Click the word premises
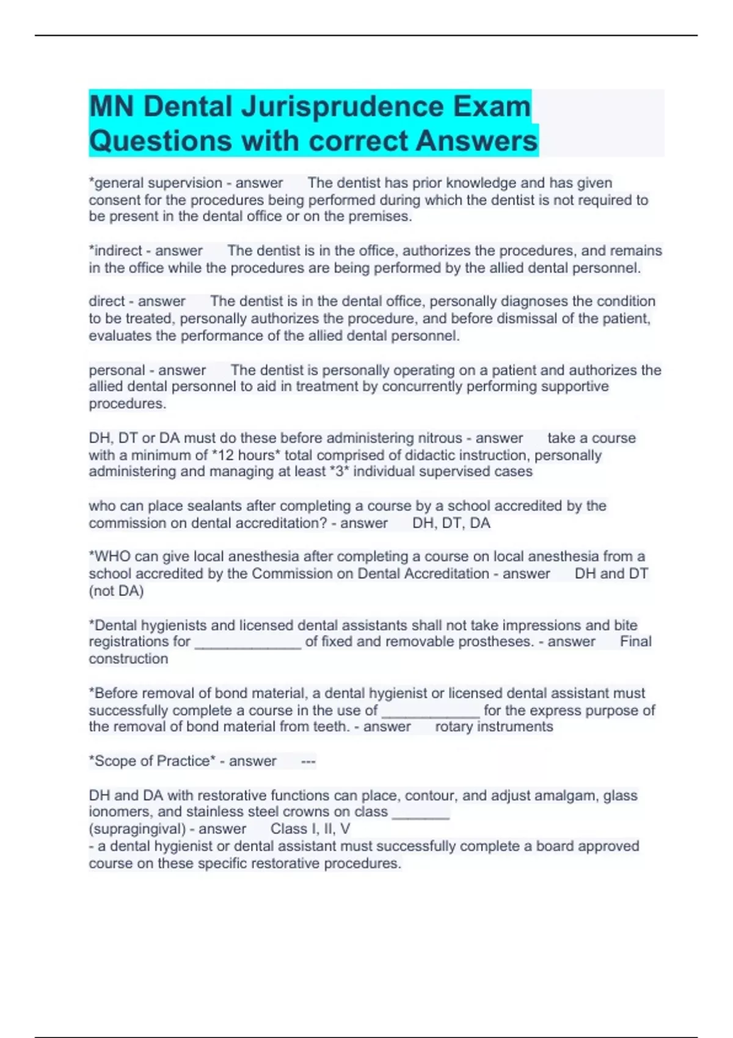pos(380,217)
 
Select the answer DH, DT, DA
pos(451,523)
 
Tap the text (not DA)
pos(116,591)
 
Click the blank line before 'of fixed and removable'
pos(248,643)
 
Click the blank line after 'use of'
pos(431,712)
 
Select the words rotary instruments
pos(494,727)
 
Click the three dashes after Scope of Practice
pos(308,761)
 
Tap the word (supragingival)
pos(137,829)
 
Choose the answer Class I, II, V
pos(310,829)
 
